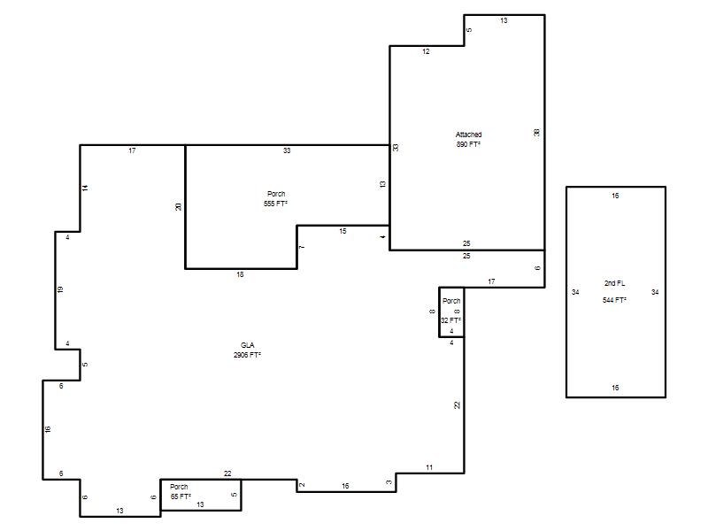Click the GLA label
[x=248, y=345]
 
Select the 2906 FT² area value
[x=248, y=355]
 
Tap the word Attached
[x=469, y=135]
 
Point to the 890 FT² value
[x=469, y=144]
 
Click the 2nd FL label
[x=615, y=283]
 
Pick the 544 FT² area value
[x=614, y=300]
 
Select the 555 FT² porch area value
[x=276, y=204]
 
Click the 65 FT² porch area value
[x=181, y=496]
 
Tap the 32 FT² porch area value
[x=451, y=320]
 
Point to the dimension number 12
[x=426, y=51]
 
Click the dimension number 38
[x=536, y=132]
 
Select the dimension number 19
[x=60, y=289]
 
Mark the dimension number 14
[x=85, y=188]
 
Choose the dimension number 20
[x=179, y=206]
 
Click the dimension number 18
[x=240, y=274]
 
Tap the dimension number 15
[x=342, y=231]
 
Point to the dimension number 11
[x=429, y=467]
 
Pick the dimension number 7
[x=302, y=247]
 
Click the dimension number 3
[x=389, y=482]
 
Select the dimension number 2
[x=302, y=484]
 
